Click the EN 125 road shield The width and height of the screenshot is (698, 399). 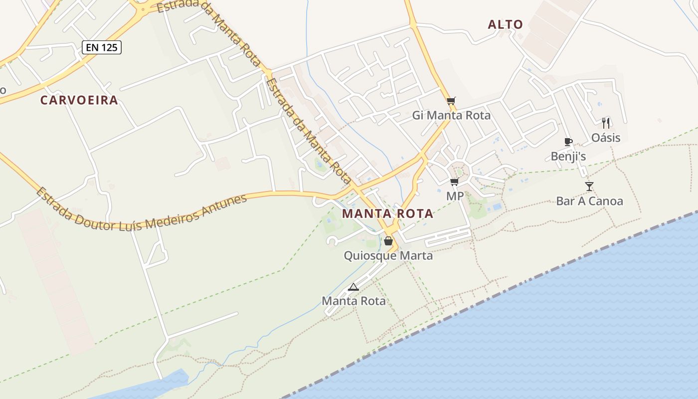[102, 47]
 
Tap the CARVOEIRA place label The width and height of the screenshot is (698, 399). [79, 100]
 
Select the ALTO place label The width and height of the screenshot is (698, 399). [506, 24]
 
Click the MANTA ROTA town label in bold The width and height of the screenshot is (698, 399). [387, 214]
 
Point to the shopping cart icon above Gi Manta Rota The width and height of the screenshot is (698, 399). [451, 101]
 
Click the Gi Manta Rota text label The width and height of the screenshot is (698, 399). [451, 116]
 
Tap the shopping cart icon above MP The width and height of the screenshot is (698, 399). [454, 182]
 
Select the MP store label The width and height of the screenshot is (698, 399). [455, 197]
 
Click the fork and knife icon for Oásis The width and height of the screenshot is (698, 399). [606, 123]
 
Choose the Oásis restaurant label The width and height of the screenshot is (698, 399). [606, 138]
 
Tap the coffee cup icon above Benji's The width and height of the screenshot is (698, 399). [568, 142]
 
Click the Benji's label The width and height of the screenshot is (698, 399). [568, 157]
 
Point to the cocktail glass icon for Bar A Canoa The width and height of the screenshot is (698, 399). [589, 187]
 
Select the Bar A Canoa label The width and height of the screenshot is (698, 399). [589, 201]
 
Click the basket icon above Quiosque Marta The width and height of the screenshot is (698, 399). [388, 241]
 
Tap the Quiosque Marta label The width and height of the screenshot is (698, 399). [388, 256]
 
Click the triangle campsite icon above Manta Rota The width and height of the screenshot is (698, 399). [353, 287]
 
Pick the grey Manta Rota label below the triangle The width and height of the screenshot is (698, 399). [353, 301]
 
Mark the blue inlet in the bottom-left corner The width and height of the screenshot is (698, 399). [150, 387]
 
